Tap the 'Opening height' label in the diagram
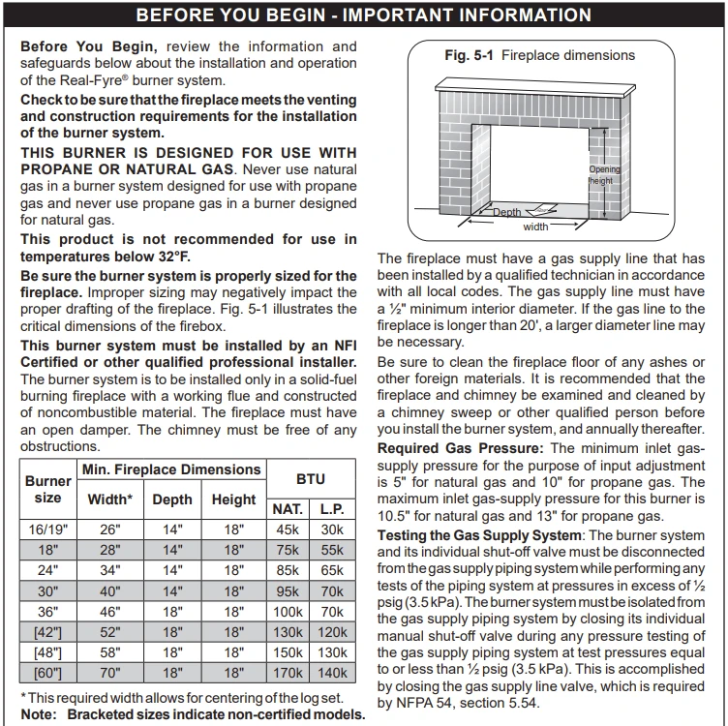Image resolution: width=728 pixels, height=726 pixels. pos(602,175)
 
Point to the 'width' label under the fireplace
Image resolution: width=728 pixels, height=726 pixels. pos(535,227)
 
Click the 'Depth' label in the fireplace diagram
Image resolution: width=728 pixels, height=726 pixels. pos(506,212)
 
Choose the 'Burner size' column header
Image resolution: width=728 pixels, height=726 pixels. pos(47,489)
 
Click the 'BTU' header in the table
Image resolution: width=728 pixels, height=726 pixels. pos(310,478)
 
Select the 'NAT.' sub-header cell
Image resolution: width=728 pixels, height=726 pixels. pos(288,509)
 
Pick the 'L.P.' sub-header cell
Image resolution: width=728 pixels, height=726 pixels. pos(332,509)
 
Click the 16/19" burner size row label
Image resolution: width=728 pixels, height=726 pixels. pos(47,529)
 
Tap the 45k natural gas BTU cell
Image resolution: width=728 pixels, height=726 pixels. pos(288,529)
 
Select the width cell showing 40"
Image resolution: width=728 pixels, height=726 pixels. pos(108,591)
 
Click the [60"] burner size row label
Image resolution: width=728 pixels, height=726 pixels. pos(47,673)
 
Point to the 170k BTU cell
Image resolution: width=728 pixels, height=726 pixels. pos(288,673)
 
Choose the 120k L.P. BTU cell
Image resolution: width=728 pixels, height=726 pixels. pos(332,632)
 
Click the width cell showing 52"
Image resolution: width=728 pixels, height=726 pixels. pos(108,632)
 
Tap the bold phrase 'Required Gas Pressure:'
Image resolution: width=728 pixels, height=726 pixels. pos(461,448)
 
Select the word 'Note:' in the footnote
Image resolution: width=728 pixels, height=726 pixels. pos(37,714)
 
